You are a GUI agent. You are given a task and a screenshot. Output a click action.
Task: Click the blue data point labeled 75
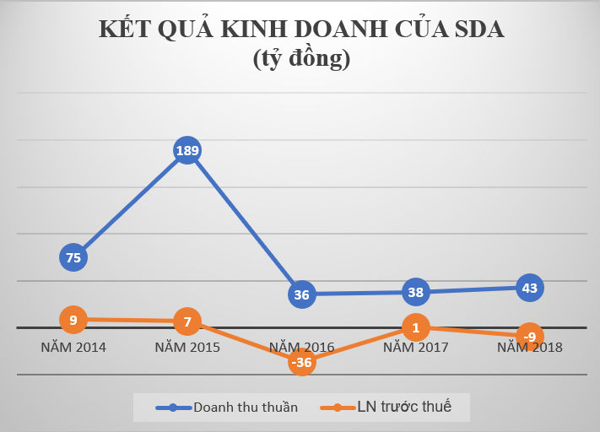[73, 257]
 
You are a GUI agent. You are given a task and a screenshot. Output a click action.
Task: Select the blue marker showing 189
[187, 152]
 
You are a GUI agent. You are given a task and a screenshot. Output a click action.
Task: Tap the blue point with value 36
[301, 294]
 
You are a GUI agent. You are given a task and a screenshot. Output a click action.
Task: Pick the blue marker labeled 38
[415, 293]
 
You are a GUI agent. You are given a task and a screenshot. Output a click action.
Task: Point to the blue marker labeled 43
[529, 288]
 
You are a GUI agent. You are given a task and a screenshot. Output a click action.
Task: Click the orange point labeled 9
[73, 319]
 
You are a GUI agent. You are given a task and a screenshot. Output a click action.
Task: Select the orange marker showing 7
[187, 321]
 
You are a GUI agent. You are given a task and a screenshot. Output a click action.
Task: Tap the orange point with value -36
[301, 363]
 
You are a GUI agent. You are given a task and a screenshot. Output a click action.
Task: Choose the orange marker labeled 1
[415, 327]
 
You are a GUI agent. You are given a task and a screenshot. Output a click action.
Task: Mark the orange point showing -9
[529, 337]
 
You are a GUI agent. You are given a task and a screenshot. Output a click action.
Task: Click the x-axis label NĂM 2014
[73, 347]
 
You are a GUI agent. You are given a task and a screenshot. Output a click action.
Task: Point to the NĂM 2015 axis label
[187, 347]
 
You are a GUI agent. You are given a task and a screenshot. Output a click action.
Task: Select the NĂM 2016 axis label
[301, 347]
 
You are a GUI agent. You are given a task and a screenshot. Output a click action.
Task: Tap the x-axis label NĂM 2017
[415, 347]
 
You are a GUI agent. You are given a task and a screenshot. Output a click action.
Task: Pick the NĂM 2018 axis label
[529, 347]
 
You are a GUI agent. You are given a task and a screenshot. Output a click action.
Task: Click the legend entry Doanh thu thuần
[228, 408]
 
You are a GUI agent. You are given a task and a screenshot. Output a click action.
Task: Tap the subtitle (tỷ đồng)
[300, 59]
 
